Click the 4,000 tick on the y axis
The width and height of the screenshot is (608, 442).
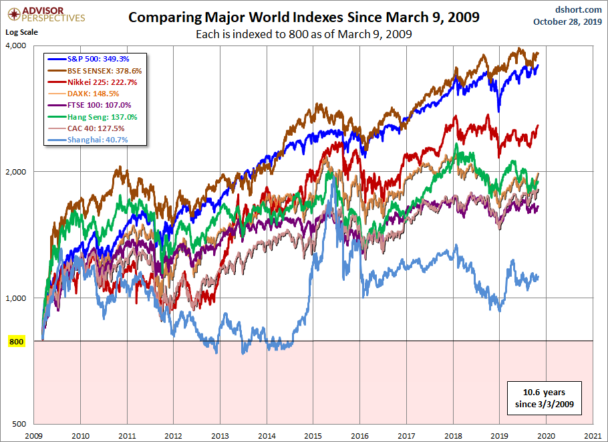(x=16, y=45)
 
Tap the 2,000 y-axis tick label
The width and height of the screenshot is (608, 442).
(x=16, y=172)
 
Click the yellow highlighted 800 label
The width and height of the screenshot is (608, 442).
(x=17, y=342)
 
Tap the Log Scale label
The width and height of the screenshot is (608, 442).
(x=22, y=31)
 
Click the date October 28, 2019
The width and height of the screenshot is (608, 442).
(x=567, y=21)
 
